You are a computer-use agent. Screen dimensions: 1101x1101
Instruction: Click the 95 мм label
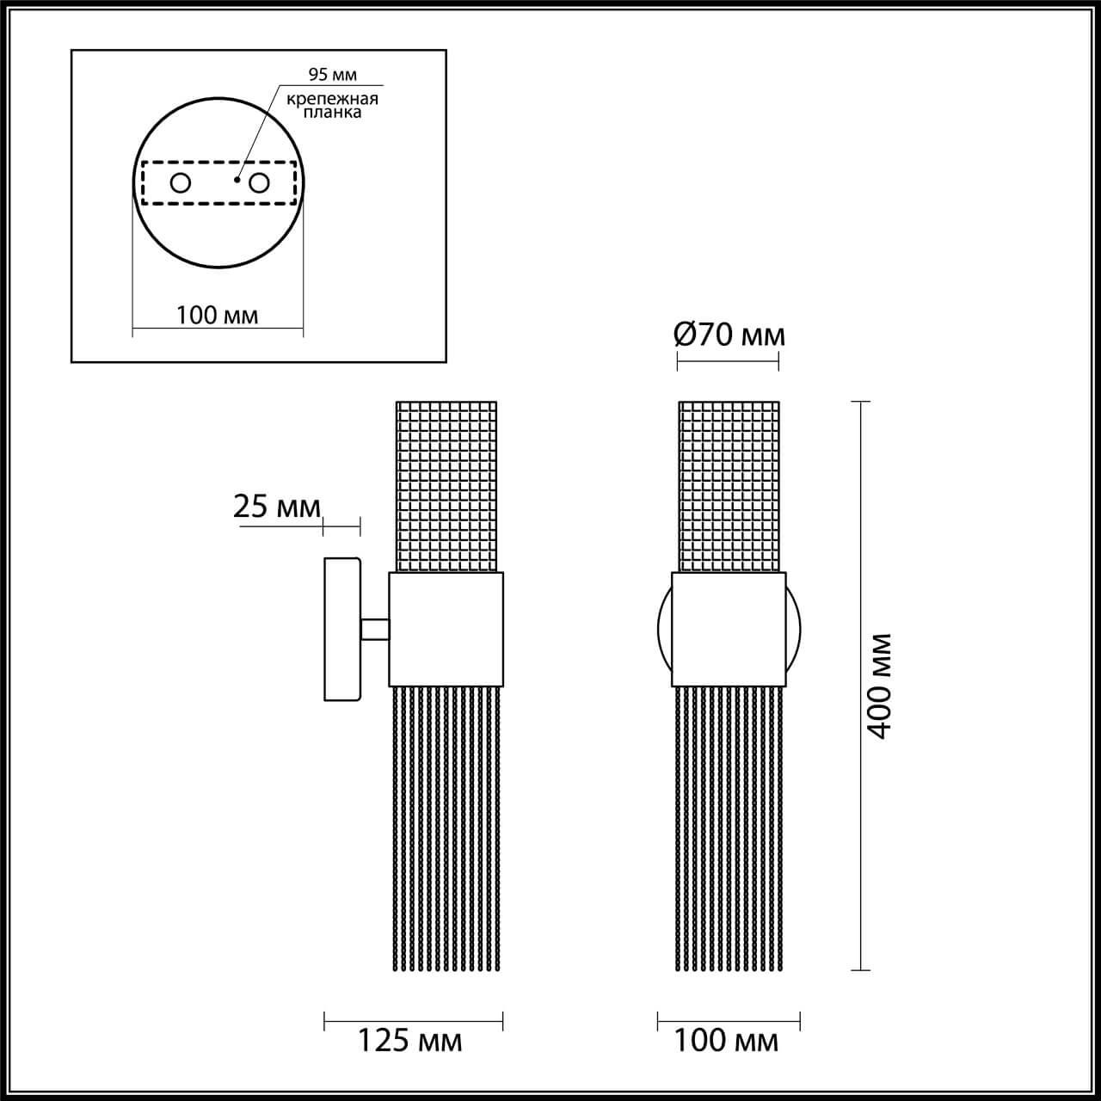(x=331, y=75)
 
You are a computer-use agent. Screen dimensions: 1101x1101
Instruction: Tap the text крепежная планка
(x=332, y=105)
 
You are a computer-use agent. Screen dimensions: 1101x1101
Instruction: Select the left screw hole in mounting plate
(x=181, y=183)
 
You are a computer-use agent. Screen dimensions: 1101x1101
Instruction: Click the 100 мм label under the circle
(x=217, y=316)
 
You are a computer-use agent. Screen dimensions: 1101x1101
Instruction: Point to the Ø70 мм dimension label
(x=729, y=335)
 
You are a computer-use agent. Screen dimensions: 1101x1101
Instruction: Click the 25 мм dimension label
(x=276, y=507)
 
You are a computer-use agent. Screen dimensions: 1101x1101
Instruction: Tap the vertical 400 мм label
(x=879, y=686)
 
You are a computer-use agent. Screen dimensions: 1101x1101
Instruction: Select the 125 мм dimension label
(x=410, y=1041)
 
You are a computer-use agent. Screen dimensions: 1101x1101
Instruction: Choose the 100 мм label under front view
(x=727, y=1041)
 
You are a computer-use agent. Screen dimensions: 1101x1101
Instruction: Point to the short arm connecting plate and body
(x=375, y=630)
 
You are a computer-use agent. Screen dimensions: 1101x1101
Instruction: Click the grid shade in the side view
(x=446, y=486)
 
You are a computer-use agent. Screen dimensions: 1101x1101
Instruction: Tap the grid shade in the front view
(x=729, y=486)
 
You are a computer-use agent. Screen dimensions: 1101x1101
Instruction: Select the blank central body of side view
(x=446, y=628)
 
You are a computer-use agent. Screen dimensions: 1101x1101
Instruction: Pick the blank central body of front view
(x=729, y=628)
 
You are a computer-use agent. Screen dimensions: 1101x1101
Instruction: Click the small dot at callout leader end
(x=237, y=181)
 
